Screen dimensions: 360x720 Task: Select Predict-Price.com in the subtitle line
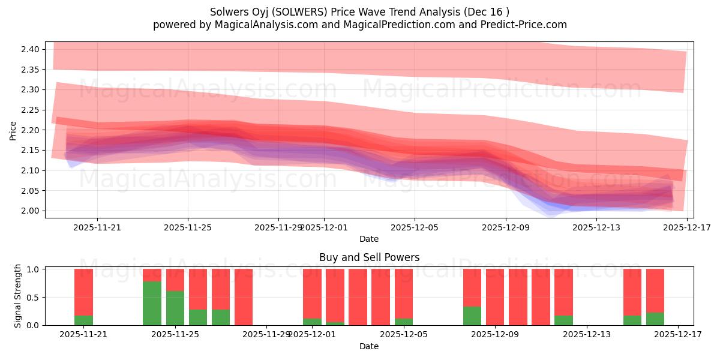(x=523, y=25)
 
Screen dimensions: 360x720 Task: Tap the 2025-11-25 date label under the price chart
(x=188, y=227)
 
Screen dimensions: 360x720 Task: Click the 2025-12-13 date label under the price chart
(x=596, y=227)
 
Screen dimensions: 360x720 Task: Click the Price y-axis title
(x=13, y=130)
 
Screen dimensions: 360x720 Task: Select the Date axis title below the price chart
(x=369, y=239)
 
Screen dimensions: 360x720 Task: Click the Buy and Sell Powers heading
(x=369, y=257)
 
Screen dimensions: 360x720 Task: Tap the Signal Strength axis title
(x=18, y=296)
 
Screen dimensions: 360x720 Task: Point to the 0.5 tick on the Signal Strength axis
(x=33, y=298)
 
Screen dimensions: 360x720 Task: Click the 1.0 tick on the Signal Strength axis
(x=33, y=269)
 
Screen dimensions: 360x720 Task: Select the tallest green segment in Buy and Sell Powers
(x=152, y=303)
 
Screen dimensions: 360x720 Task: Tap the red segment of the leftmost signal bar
(x=83, y=292)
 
